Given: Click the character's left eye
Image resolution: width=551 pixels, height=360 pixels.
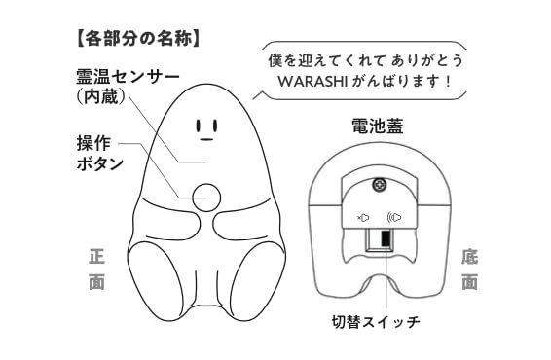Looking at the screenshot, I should pyautogui.click(x=199, y=126).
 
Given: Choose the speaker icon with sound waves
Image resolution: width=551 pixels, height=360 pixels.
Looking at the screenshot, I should pyautogui.click(x=396, y=218).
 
